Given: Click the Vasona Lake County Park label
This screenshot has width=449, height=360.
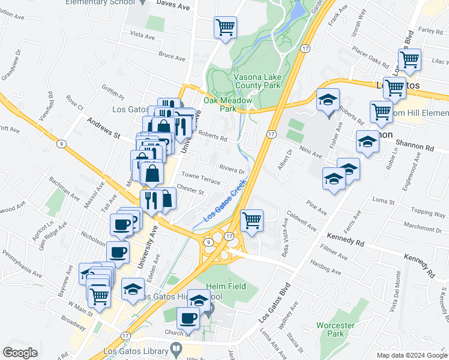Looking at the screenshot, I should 249,82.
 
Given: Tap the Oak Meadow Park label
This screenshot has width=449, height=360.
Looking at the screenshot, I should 220,105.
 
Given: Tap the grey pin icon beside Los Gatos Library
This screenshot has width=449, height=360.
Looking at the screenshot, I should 176,348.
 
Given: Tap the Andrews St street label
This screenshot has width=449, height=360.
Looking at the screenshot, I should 104,128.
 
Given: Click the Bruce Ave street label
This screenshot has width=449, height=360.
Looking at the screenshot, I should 172,57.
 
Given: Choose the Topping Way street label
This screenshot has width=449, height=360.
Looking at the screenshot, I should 428,212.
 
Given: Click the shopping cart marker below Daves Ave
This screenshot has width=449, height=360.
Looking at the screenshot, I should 225,27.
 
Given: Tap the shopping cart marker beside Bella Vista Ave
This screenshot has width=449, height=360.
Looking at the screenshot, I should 252,220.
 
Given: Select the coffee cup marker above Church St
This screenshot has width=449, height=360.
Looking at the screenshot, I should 188,318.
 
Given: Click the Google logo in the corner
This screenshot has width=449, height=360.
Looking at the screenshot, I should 20,353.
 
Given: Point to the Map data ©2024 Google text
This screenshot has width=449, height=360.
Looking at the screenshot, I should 411,355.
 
